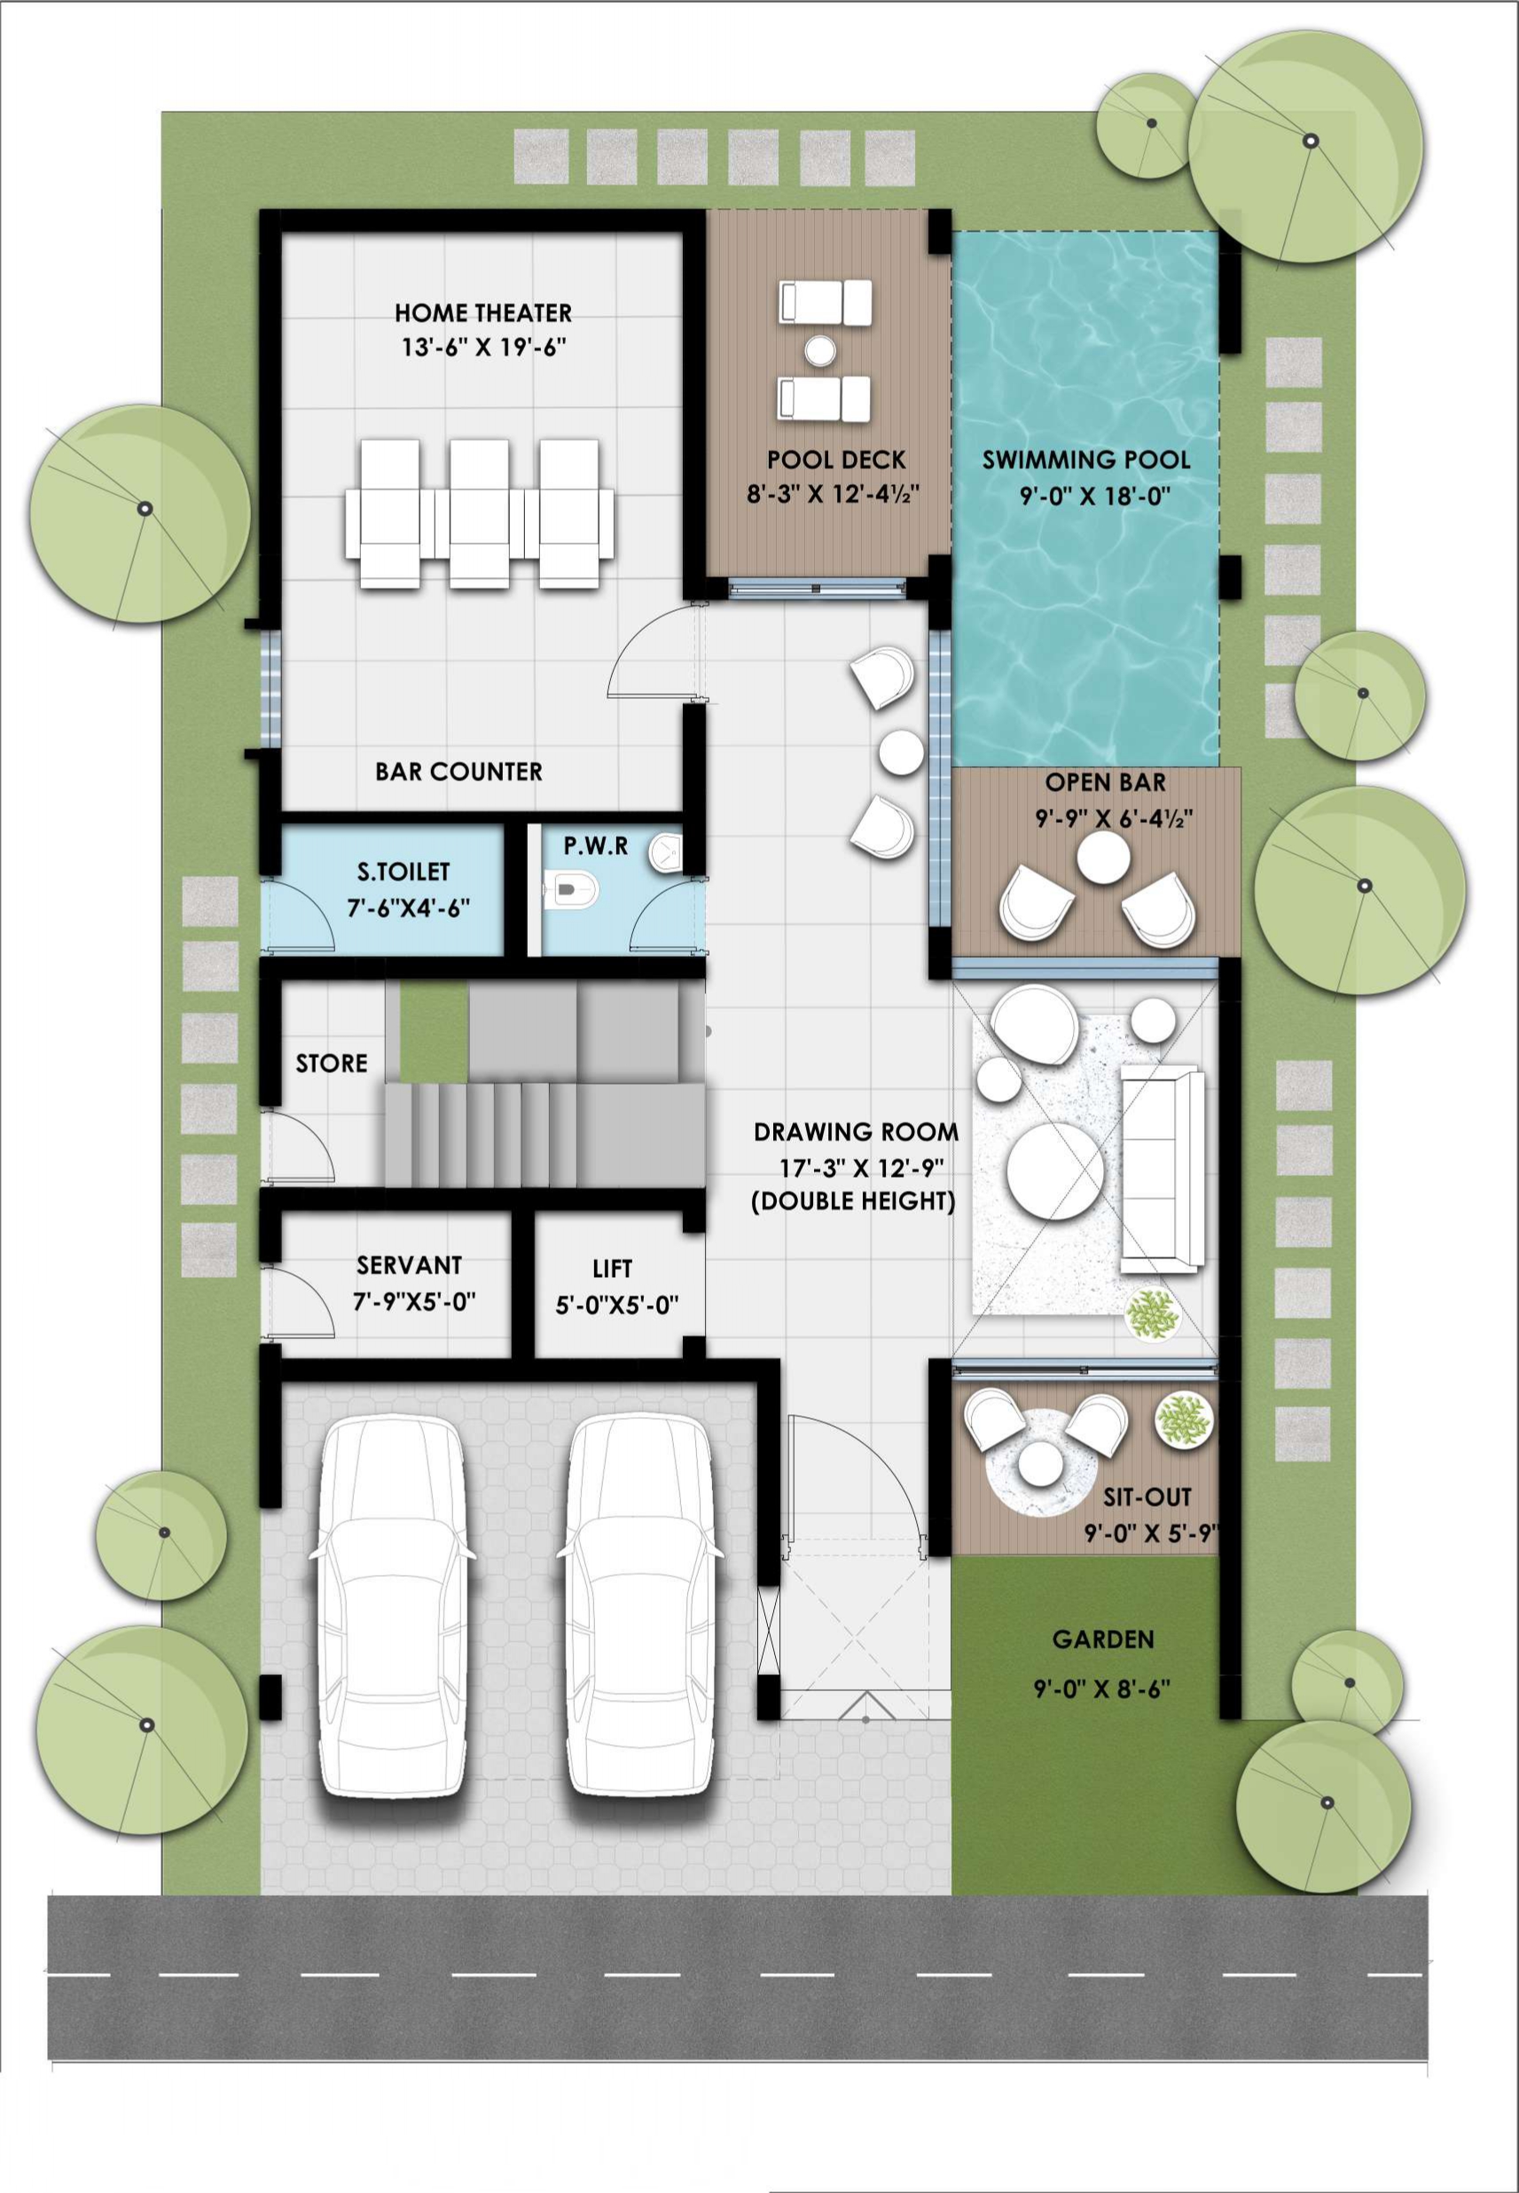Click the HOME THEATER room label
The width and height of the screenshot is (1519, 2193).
coord(482,313)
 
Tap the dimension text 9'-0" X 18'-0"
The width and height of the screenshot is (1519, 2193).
coord(1086,497)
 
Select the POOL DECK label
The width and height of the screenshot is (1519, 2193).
coord(835,461)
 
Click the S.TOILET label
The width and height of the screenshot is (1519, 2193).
coord(403,872)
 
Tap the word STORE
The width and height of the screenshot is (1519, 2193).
coord(332,1063)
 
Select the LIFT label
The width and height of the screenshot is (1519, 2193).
coord(612,1269)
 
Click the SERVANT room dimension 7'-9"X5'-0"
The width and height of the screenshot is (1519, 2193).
coord(414,1301)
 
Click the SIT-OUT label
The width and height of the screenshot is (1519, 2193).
coord(1147,1497)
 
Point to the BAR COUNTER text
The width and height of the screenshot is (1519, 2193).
coord(458,771)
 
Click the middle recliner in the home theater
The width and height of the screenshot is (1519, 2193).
coord(480,513)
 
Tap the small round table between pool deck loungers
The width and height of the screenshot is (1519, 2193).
coord(819,351)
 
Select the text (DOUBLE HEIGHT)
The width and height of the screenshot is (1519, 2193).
coord(853,1202)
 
